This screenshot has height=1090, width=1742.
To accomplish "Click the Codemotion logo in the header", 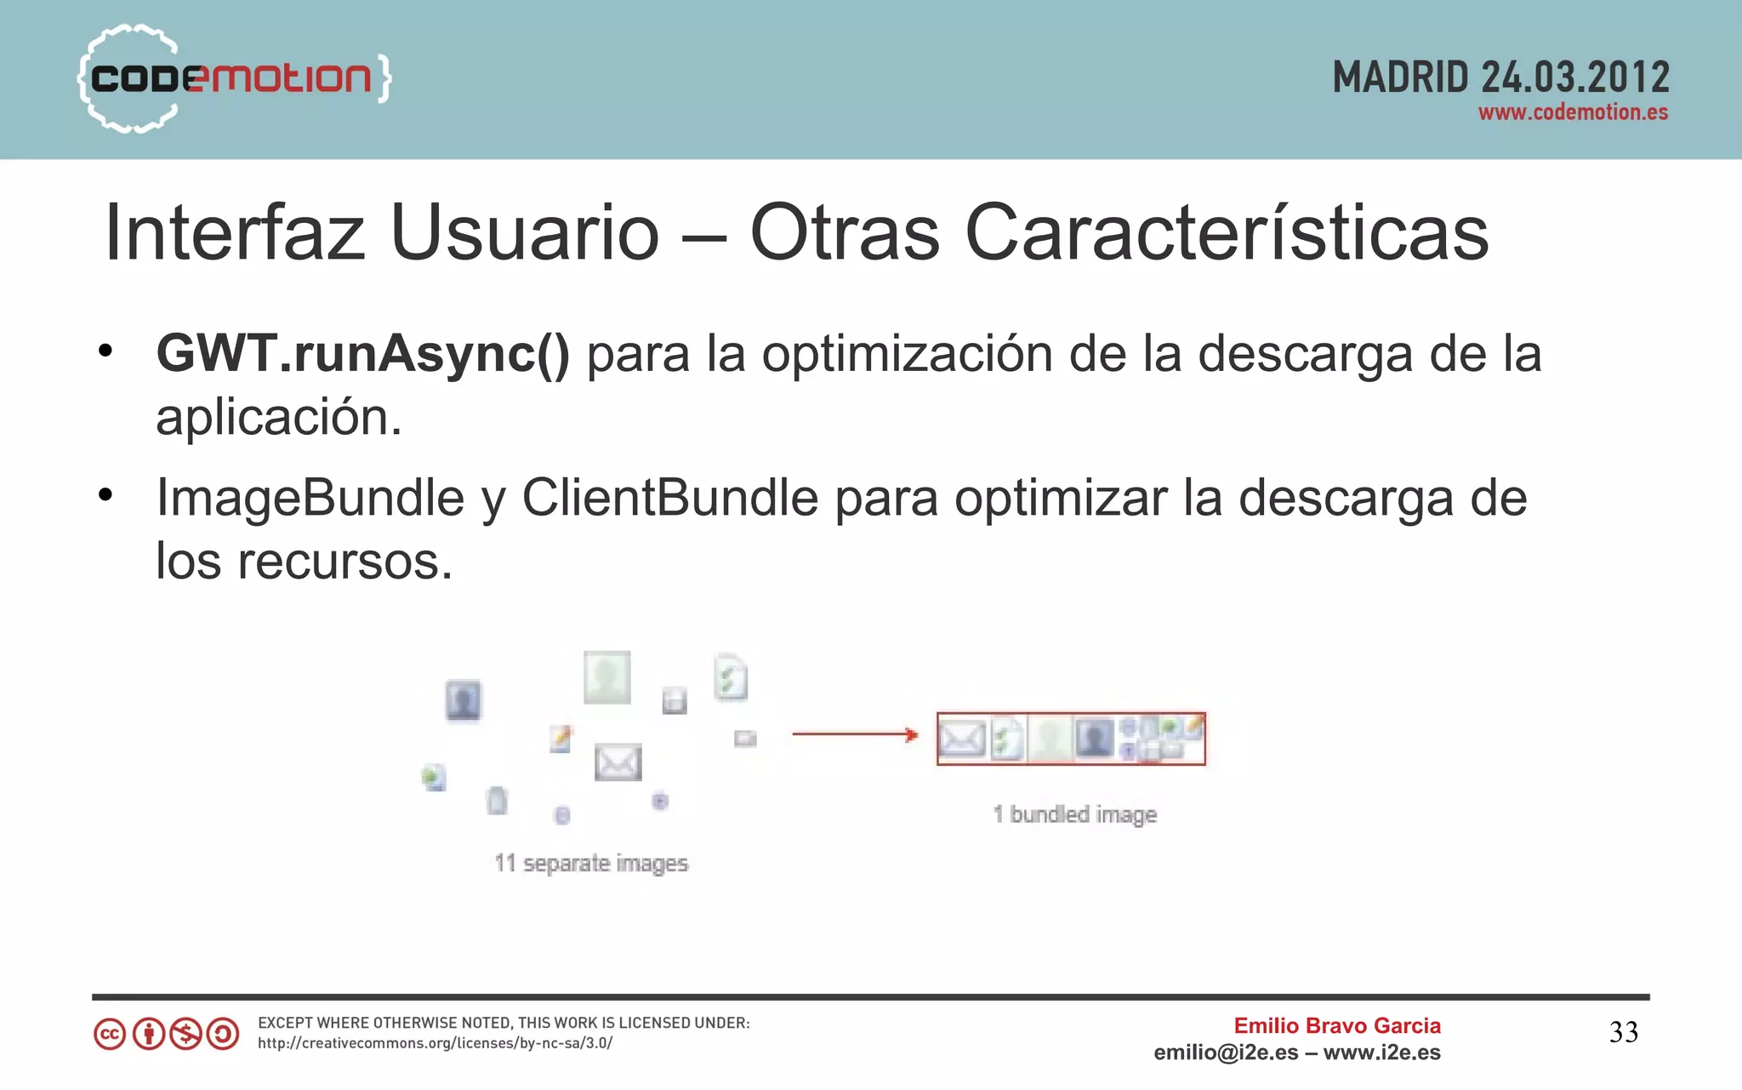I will coord(234,78).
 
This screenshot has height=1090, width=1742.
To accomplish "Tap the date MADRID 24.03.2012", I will coord(1500,77).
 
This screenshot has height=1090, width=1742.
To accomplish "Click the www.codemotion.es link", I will coord(1573,112).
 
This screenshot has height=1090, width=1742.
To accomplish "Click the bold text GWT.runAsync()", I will coord(363,353).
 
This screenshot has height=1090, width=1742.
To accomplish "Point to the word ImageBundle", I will coord(310,498).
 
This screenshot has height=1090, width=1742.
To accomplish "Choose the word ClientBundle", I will coord(669,498).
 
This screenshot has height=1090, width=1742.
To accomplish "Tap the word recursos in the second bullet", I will coord(344,562).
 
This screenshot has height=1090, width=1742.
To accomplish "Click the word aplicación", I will coord(278,417).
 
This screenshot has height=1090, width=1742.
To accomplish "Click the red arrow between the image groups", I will coord(855,734).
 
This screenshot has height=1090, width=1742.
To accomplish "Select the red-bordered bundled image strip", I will coord(1071,739).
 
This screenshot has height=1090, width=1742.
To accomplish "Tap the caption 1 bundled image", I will coord(1074,814).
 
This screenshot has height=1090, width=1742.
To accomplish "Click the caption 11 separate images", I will coord(591,863).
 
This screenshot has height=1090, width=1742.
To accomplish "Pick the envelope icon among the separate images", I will coord(618,762).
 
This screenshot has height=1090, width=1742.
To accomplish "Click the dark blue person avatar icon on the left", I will coord(464,700).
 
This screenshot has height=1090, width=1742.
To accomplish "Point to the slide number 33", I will coord(1623,1032).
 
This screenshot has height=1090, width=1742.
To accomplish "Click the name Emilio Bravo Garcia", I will coord(1337,1025).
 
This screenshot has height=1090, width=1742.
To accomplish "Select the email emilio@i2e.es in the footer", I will coord(1226,1053).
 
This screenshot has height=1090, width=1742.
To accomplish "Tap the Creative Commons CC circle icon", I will coord(110,1034).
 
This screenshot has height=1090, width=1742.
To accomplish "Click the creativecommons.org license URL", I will coord(435,1043).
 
